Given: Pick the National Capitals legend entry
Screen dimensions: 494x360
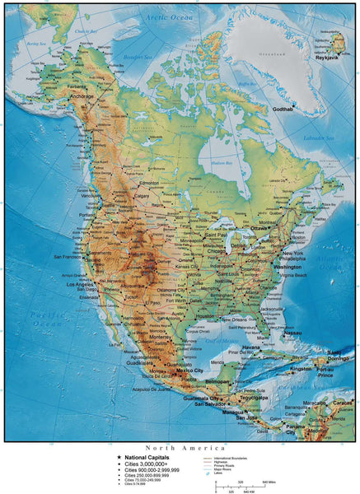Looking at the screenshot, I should pos(149,457).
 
